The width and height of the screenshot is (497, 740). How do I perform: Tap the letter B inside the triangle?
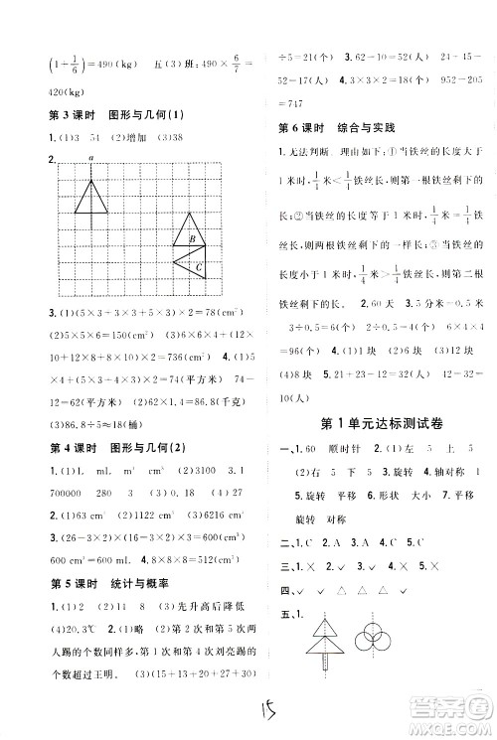point(189,238)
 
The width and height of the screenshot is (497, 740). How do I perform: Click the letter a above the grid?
point(89,158)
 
